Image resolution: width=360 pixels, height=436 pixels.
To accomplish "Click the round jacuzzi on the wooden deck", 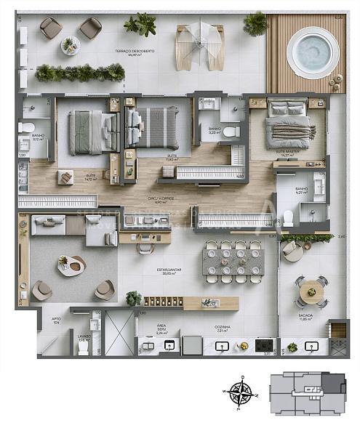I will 313,52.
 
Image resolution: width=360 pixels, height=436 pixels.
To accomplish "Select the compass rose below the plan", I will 240,393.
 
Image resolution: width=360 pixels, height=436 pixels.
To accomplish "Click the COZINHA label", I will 223,328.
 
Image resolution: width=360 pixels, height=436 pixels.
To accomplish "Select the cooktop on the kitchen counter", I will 263,344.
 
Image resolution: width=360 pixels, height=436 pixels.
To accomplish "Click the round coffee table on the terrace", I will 70,45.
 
